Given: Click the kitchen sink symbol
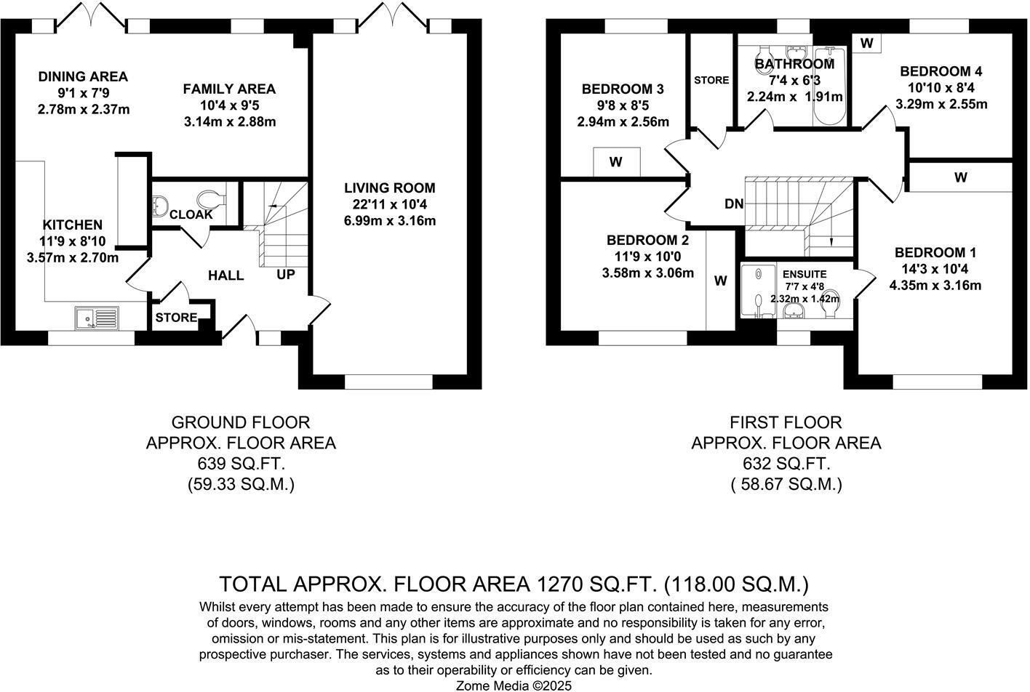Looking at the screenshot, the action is click(x=97, y=318).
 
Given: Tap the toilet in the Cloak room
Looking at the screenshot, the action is click(x=211, y=200).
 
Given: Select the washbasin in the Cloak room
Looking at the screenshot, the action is click(x=159, y=206).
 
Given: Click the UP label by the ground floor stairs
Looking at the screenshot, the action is click(x=286, y=274).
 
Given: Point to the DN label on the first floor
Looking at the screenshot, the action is click(x=734, y=204).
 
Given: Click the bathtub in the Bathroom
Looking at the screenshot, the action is click(x=829, y=86).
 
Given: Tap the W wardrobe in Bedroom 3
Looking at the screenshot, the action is click(x=617, y=162).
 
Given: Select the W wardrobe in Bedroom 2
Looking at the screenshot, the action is click(x=721, y=281).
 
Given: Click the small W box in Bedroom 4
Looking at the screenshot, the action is click(x=866, y=43).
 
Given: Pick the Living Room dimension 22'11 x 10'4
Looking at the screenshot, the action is click(x=390, y=204).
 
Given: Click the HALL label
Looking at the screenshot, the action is click(x=225, y=275).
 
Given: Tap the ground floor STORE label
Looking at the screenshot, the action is click(x=176, y=318).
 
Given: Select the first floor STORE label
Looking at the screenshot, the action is click(x=711, y=80).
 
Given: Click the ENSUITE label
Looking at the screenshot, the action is click(x=805, y=274).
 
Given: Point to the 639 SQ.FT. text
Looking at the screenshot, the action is click(x=241, y=464).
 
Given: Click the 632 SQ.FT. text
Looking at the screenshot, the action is click(x=786, y=464).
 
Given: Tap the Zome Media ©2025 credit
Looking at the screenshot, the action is click(x=514, y=685).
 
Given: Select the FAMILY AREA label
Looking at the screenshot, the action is click(x=229, y=89).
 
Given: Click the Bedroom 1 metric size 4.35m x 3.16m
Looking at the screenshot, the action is click(x=935, y=286).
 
